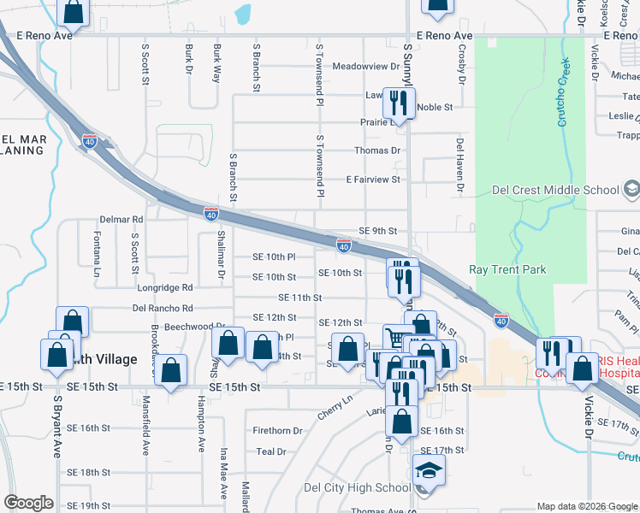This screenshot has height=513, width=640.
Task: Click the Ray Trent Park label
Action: (x=507, y=270)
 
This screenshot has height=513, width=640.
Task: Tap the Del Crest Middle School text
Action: (x=555, y=190)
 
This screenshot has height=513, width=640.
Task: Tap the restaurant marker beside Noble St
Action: (x=400, y=103)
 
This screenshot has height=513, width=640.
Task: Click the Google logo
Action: (x=29, y=503)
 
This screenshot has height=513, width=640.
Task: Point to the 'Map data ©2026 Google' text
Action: (x=587, y=506)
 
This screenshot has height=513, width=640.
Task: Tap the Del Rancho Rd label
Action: (x=163, y=308)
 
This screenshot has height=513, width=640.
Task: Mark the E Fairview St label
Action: (x=373, y=180)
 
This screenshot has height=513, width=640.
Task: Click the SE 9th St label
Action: (x=378, y=231)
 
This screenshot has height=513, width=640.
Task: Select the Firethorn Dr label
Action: (x=278, y=431)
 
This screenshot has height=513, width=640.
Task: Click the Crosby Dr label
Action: (x=461, y=65)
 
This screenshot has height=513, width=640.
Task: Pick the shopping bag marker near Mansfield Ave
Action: (x=172, y=370)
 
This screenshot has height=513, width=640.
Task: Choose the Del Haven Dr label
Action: (x=459, y=164)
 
